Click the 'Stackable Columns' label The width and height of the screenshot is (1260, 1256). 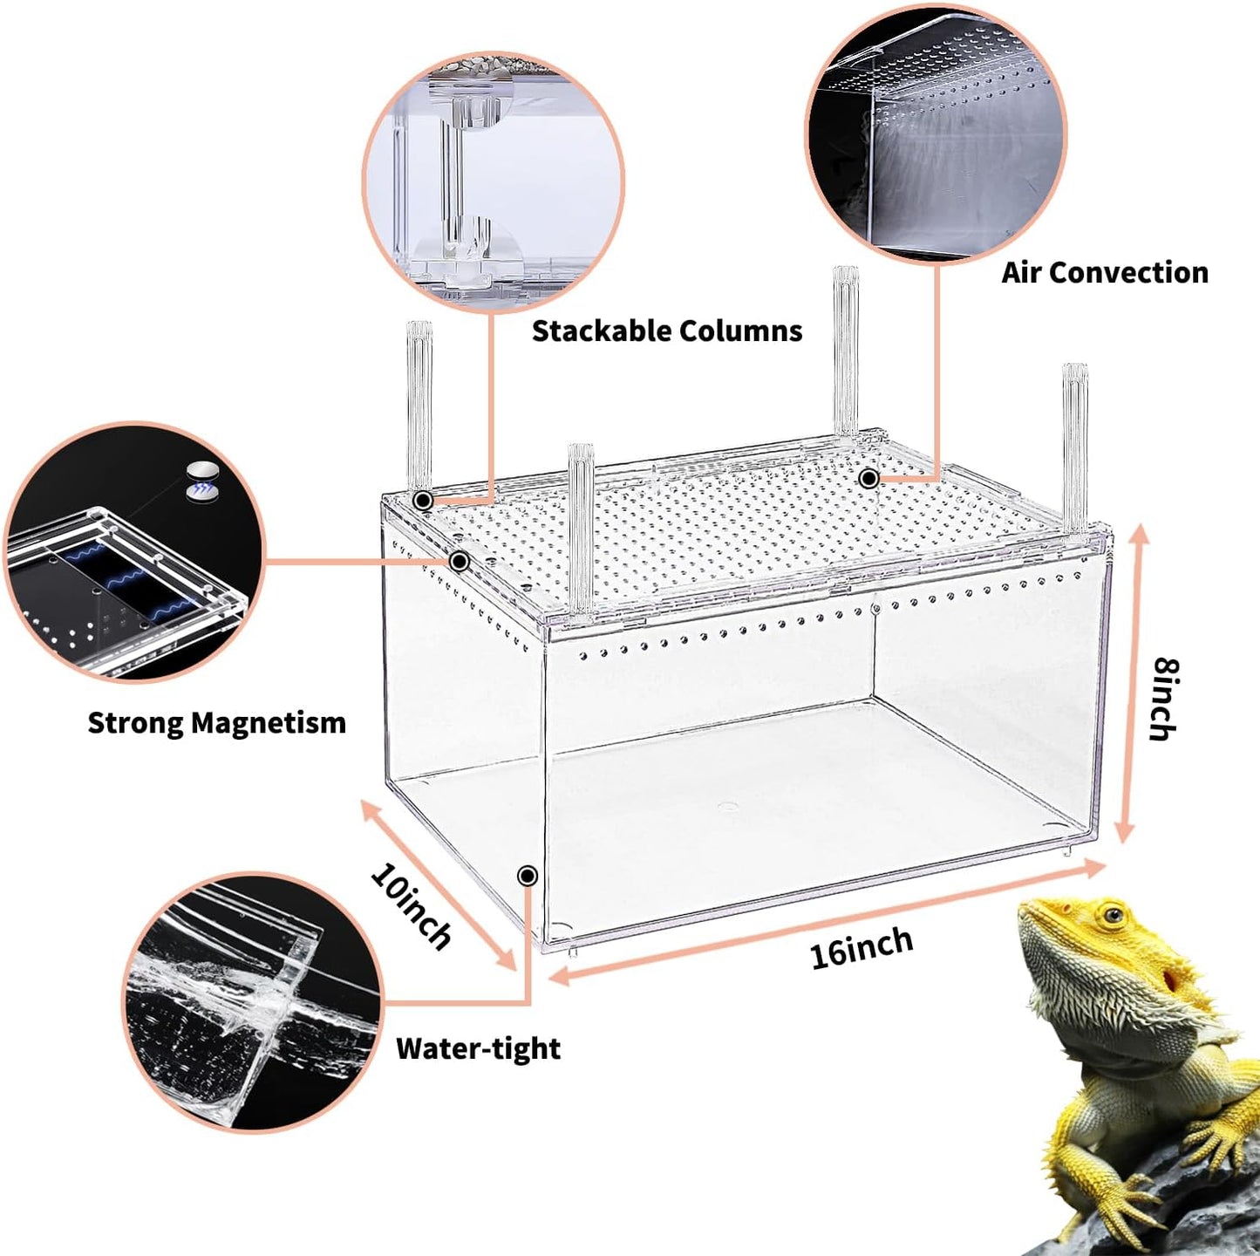coord(667,331)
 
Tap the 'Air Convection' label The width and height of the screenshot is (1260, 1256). coord(1104,273)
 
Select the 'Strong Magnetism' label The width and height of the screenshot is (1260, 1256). coord(216,723)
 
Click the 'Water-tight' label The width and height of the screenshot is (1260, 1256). coord(478,1048)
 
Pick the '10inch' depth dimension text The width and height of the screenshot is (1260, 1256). coord(411,906)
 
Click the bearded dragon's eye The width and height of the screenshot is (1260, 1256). coord(1112,917)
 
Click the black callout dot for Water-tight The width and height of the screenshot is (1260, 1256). coord(527,876)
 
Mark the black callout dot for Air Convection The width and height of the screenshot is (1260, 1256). coord(868,478)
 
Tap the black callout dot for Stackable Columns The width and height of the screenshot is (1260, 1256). coord(423,501)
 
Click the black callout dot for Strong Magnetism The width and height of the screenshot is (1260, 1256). coord(459,561)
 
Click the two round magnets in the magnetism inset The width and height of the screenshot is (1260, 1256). coord(202,481)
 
